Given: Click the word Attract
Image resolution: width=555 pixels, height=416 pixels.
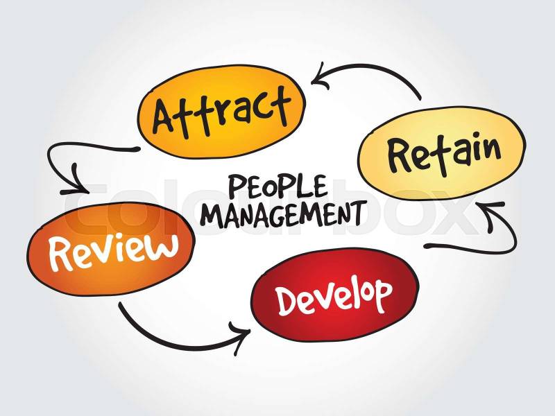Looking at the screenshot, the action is [222, 112].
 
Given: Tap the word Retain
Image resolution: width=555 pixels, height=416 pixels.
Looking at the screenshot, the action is [444, 154].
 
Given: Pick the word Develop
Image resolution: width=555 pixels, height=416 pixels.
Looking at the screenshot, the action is [334, 297].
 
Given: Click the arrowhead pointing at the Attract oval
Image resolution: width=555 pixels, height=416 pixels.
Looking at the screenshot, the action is [321, 76].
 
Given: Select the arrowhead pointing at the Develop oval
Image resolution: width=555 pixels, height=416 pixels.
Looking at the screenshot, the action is [240, 337].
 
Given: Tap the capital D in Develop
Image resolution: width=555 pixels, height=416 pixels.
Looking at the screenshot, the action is [287, 301].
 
